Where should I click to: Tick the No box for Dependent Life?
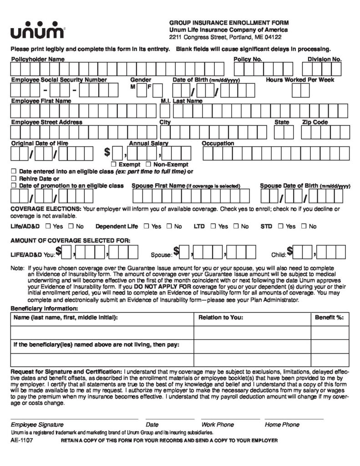[x=168, y=226]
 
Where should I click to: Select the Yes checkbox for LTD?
[x=213, y=226]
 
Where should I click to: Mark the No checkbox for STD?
[x=302, y=226]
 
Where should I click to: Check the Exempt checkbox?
[x=113, y=164]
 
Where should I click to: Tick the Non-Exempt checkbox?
[x=148, y=164]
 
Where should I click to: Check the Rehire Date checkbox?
[x=14, y=178]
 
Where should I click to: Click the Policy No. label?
[x=248, y=59]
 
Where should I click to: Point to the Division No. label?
[x=325, y=59]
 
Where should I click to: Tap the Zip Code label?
[x=315, y=122]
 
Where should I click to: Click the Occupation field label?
[x=218, y=143]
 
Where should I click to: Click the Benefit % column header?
[x=329, y=318]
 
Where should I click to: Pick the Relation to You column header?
[x=221, y=318]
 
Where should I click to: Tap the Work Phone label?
[x=218, y=424]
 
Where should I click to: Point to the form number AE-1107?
[x=22, y=441]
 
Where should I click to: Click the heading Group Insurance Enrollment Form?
[x=229, y=22]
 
